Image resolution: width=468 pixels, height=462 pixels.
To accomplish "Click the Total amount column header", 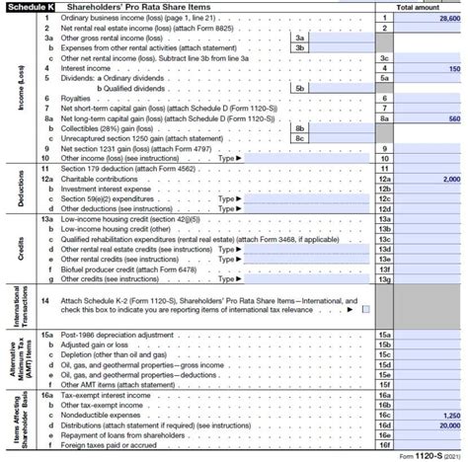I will tap(418, 7).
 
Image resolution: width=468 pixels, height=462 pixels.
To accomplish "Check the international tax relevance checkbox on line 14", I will tap(366, 308).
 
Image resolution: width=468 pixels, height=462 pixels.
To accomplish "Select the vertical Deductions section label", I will tap(20, 188).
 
